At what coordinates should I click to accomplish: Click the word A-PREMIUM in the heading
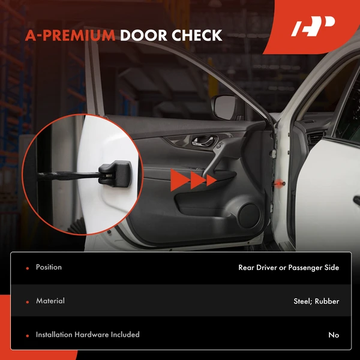coord(70,35)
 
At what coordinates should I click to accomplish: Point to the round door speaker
coord(247,215)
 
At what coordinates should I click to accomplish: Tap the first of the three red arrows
coord(178,179)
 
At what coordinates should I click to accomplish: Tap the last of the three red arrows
coord(211,179)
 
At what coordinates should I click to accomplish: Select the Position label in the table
coord(49,267)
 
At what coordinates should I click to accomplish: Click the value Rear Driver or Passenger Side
coord(289,268)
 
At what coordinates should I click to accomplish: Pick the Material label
coord(50,301)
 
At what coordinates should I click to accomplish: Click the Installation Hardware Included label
coord(88,334)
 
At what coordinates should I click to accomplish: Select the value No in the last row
coord(334,335)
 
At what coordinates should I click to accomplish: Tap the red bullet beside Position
coord(27,268)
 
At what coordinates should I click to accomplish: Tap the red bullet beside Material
coord(27,301)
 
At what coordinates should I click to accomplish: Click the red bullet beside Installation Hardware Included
coord(27,335)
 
